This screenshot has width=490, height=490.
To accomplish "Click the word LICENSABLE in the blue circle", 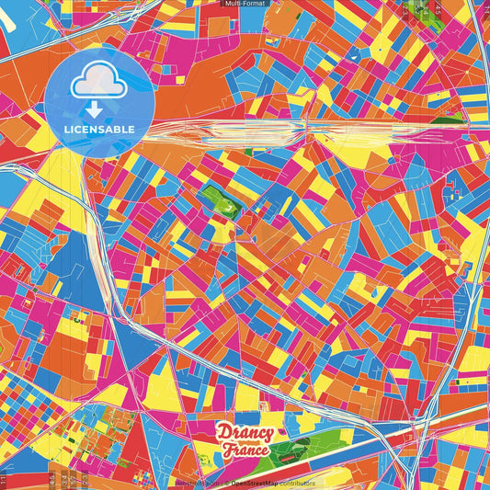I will coord(98,130).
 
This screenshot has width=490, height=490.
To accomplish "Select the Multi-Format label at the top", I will coord(245,4).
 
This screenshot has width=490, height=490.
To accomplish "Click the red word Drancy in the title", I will coord(245,432).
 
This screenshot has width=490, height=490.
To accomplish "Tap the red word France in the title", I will coord(244,450).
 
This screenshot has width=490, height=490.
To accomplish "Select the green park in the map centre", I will coord(221,196).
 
